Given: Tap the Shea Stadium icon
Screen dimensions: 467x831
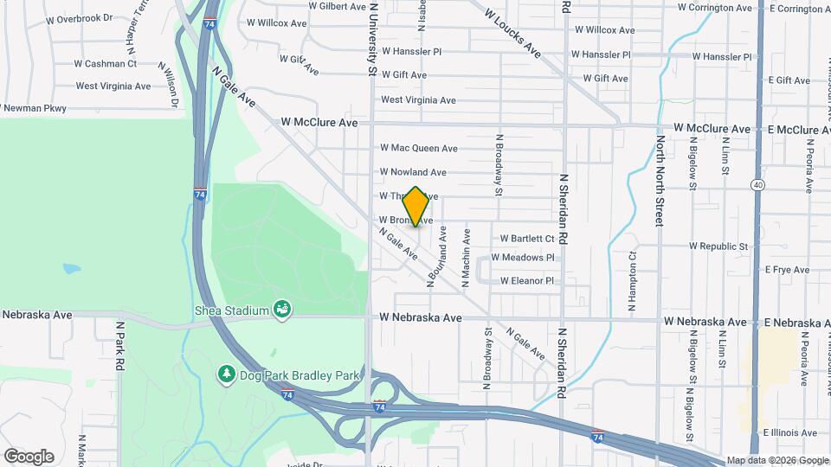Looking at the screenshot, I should (280, 309).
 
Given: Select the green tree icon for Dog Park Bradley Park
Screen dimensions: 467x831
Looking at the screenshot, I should (225, 374).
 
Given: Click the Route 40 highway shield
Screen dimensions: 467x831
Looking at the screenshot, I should (758, 184).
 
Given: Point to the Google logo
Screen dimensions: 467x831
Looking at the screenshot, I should (29, 456).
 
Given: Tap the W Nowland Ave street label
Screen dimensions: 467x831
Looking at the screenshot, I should (413, 172).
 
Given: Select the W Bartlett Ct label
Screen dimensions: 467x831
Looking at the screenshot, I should (527, 239).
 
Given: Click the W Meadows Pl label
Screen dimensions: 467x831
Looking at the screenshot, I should (522, 258).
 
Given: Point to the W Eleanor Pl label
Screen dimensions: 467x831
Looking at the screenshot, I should (521, 281).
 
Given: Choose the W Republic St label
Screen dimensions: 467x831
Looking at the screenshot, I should (718, 246).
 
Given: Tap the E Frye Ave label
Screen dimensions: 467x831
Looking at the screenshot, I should (787, 270).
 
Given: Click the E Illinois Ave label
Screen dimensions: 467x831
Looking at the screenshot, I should (789, 432).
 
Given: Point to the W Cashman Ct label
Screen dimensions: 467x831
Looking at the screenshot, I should (106, 63).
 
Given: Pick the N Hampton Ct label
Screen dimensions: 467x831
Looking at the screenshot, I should (632, 282).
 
